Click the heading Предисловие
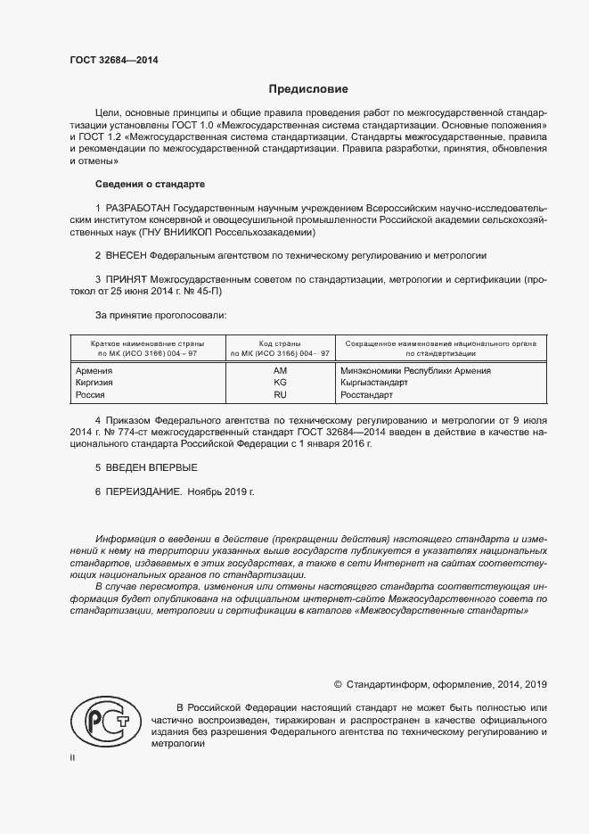click(x=308, y=89)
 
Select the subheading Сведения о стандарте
click(x=150, y=184)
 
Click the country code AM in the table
click(x=279, y=370)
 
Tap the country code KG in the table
click(x=279, y=382)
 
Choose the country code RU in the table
click(x=279, y=393)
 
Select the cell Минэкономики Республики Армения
click(x=415, y=370)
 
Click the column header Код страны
click(x=279, y=343)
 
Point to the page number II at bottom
click(x=73, y=757)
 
